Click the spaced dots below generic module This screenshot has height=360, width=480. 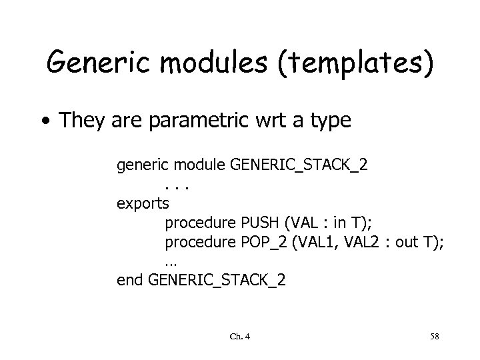[176, 184]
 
